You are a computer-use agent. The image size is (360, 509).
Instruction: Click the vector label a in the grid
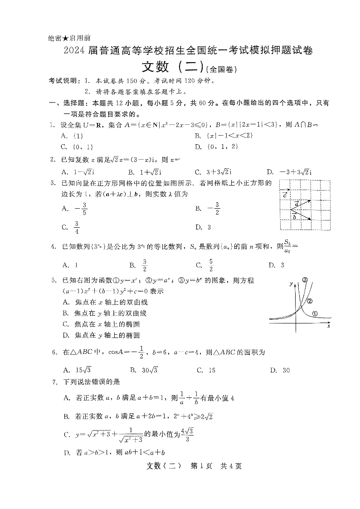pos(297,204)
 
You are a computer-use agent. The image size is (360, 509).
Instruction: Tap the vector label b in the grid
pos(295,217)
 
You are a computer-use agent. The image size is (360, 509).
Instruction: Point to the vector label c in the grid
pos(284,195)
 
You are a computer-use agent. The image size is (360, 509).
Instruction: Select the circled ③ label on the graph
pos(306,279)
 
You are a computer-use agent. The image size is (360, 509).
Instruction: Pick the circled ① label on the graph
pos(315,313)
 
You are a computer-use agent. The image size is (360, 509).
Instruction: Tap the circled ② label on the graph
pos(310,301)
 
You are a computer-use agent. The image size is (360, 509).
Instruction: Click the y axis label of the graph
pos(291,284)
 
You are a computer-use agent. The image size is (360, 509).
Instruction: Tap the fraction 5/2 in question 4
pos(210,265)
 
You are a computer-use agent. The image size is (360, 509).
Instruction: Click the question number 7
pos(54,382)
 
